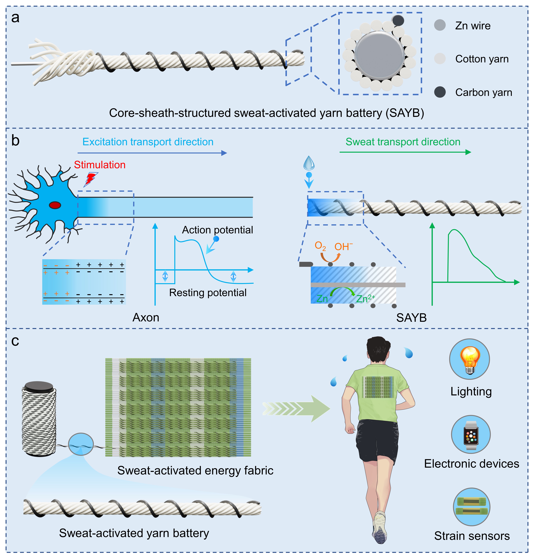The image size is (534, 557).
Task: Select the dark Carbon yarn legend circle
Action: click(440, 92)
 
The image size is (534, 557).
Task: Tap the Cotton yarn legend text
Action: click(482, 59)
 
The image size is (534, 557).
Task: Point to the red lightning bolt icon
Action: click(91, 179)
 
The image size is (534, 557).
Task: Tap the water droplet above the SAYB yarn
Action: click(309, 163)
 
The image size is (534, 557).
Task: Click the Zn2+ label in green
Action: click(365, 298)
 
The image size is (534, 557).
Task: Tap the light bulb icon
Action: click(469, 359)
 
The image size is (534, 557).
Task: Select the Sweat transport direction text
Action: click(403, 142)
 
